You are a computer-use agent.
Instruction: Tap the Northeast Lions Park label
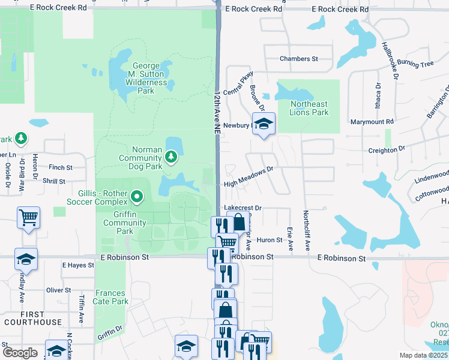(x=309, y=108)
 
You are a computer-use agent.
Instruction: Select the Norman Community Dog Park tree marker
(x=172, y=157)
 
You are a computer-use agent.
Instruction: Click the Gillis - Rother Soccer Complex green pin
(x=137, y=196)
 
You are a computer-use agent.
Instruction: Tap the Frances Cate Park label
(x=111, y=297)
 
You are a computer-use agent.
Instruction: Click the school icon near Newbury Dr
(x=263, y=124)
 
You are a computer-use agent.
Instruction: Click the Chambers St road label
(x=298, y=59)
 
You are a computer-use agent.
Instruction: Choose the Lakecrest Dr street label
(x=243, y=208)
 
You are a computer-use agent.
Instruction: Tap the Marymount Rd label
(x=372, y=122)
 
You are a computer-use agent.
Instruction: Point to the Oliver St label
(x=59, y=290)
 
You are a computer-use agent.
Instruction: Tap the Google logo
(x=20, y=353)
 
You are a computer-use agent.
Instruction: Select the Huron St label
(x=270, y=240)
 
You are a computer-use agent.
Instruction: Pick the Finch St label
(x=61, y=168)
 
